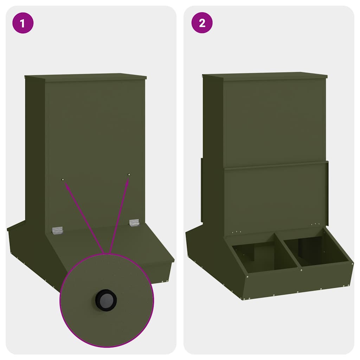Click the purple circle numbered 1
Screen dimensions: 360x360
(x=23, y=23)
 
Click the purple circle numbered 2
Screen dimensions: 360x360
(x=202, y=23)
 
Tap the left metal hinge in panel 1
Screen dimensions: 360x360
(x=57, y=230)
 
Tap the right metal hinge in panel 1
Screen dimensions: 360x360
(x=134, y=223)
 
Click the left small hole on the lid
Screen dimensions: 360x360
(x=63, y=180)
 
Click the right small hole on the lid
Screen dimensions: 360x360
(x=129, y=175)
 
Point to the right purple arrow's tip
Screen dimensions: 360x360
(x=128, y=179)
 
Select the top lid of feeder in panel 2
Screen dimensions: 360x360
(x=264, y=75)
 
